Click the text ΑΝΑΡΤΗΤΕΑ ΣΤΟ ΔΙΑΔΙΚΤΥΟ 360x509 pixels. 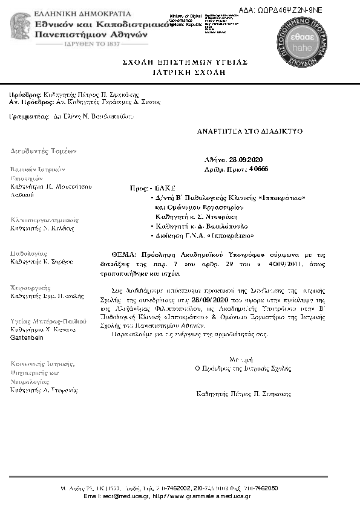250,131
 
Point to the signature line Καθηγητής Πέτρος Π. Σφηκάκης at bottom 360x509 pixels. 244,393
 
